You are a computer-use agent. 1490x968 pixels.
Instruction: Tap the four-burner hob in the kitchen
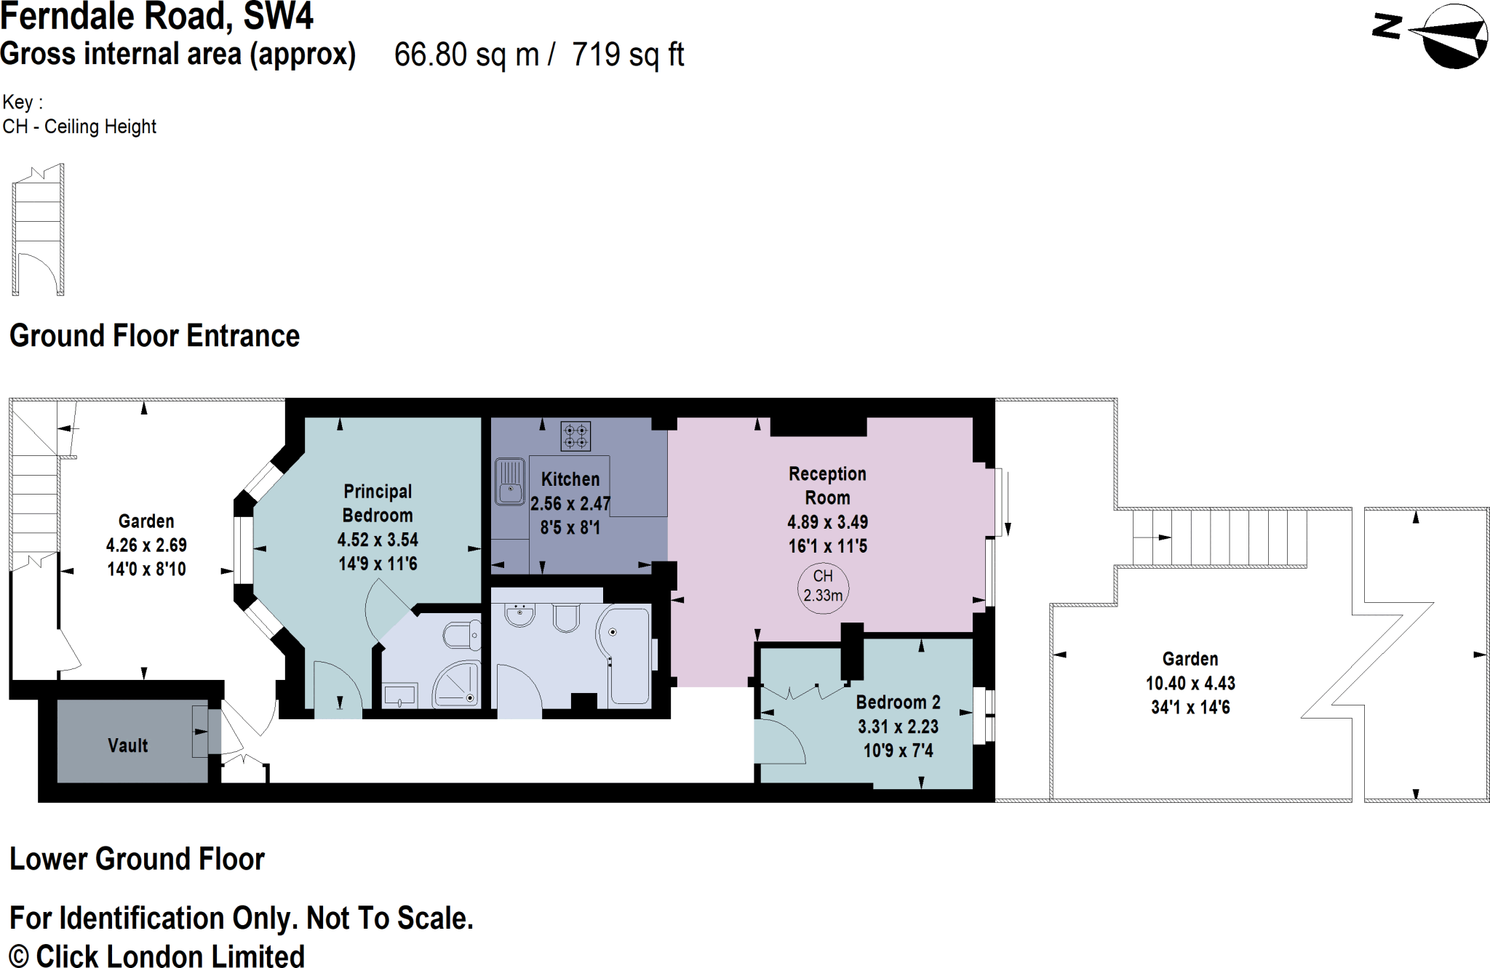[x=575, y=436]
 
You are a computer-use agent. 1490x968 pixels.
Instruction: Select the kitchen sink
[x=510, y=481]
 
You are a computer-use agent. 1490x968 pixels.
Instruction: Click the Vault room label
[x=127, y=745]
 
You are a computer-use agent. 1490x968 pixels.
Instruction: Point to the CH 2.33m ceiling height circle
[x=823, y=586]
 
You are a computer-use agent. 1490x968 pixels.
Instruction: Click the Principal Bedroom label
[x=378, y=503]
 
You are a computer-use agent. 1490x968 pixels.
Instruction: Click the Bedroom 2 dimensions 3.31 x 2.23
[x=898, y=727]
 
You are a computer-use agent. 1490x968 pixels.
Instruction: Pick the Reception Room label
[x=827, y=486]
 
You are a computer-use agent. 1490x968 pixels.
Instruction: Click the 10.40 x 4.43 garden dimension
[x=1190, y=683]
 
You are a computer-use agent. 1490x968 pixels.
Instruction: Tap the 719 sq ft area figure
[x=628, y=55]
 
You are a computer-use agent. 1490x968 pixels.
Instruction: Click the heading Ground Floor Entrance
[x=154, y=336]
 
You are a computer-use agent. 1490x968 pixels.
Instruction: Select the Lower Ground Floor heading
[x=137, y=859]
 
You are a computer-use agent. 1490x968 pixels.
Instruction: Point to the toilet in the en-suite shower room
[x=461, y=636]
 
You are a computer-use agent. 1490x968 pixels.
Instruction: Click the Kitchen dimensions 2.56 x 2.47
[x=570, y=503]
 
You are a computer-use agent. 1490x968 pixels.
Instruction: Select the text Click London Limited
[x=170, y=956]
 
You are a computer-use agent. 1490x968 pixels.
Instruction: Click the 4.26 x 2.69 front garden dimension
[x=146, y=545]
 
